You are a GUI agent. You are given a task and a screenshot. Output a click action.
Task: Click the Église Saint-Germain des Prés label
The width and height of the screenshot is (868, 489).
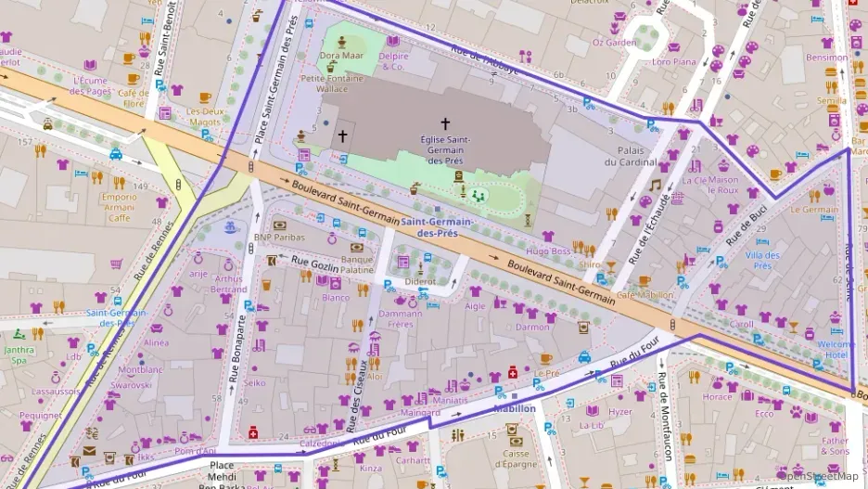tap(444, 149)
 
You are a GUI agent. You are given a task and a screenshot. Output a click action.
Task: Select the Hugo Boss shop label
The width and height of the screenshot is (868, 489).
tap(548, 251)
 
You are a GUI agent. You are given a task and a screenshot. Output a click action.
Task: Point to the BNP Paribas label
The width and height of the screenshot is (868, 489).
tap(279, 238)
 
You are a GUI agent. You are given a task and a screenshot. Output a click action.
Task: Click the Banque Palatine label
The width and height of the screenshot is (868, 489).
tap(357, 264)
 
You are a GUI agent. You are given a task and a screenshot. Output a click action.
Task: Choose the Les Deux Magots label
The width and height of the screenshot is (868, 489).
tap(205, 116)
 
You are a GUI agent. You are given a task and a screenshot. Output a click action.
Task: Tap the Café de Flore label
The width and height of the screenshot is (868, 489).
tap(133, 98)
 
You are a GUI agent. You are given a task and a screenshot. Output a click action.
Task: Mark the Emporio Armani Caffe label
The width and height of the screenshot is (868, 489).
tap(119, 208)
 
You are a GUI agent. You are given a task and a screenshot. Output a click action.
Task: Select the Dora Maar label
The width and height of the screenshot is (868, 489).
tap(341, 56)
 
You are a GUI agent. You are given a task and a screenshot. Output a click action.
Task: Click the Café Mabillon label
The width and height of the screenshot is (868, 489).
tap(645, 295)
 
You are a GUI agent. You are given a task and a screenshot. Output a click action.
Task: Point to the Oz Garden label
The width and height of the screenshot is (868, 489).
tap(615, 42)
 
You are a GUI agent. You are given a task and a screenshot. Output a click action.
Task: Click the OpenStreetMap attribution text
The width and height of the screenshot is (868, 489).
tap(822, 477)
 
